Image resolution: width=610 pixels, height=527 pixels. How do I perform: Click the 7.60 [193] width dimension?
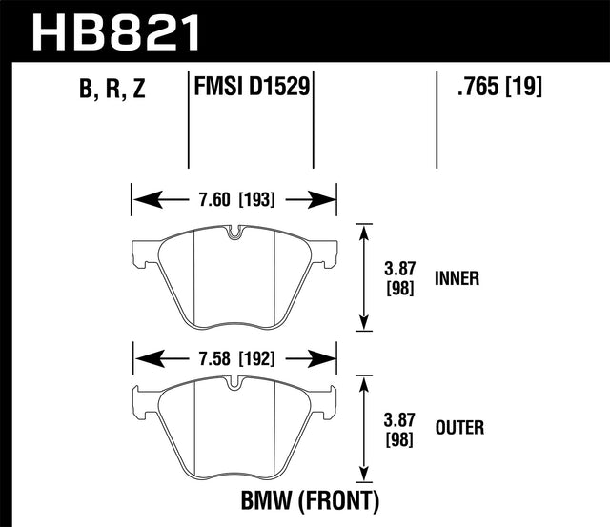[x=234, y=200]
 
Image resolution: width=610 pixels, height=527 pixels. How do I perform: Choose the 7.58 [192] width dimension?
[x=234, y=360]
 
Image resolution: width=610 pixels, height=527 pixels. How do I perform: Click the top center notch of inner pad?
[x=234, y=232]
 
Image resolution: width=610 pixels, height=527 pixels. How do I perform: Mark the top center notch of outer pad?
[x=234, y=386]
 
